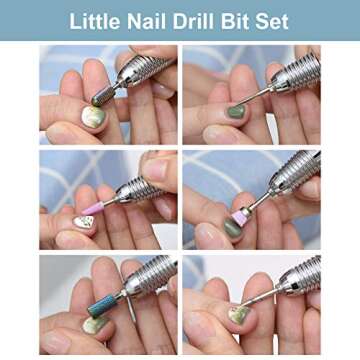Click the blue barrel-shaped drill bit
tap(103, 306)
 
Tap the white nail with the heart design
tap(85, 222)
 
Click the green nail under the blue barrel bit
tap(94, 325)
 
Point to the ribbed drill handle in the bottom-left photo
tap(148, 279)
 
